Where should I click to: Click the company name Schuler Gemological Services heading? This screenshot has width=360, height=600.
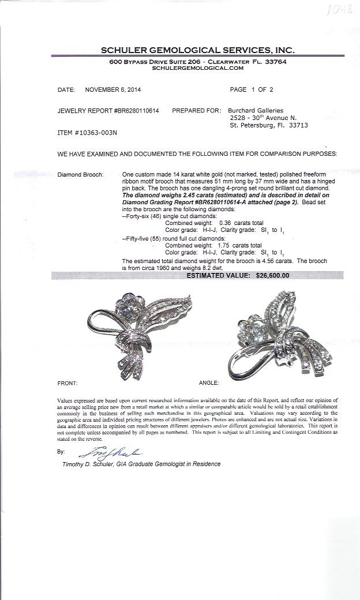point(190,51)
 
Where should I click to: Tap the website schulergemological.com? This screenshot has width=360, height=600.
point(190,68)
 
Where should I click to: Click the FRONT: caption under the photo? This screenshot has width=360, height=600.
point(67,382)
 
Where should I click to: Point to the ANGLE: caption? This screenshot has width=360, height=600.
point(208,382)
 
